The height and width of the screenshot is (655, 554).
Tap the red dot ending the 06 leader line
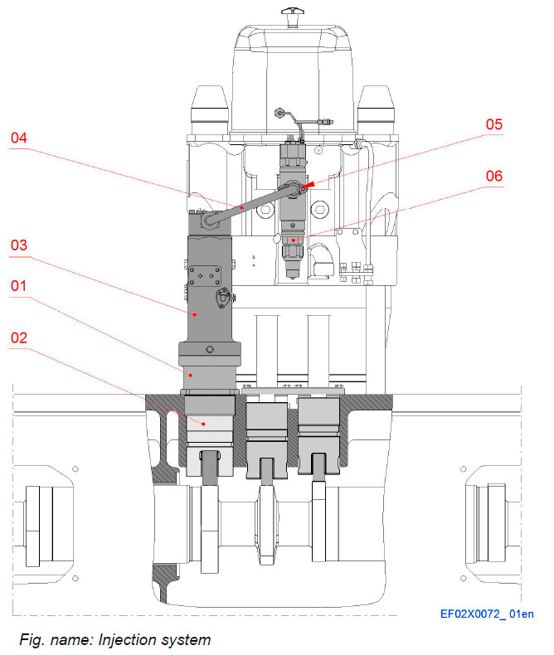point(294,240)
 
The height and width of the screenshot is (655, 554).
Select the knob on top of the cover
point(293,13)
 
